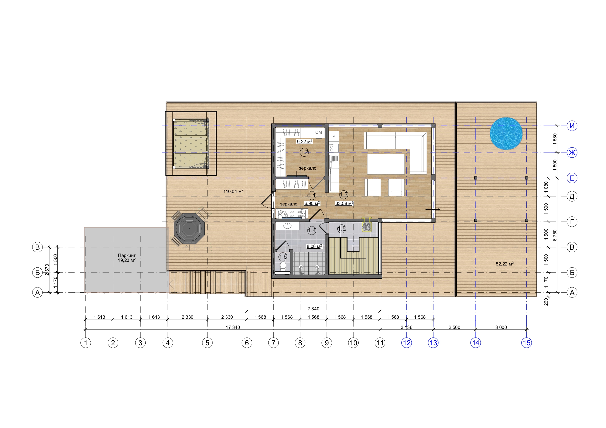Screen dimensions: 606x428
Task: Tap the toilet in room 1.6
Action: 283,265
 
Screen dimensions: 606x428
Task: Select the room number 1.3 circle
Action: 344,195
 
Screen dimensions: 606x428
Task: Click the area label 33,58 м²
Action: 344,203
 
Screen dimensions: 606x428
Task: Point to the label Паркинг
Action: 127,255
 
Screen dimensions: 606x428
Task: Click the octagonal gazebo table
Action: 189,229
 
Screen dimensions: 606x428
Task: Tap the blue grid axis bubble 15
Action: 526,343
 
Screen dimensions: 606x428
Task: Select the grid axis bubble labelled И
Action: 572,126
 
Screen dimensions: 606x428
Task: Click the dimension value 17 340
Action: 233,327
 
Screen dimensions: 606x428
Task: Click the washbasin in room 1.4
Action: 287,226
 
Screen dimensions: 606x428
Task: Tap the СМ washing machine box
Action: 319,132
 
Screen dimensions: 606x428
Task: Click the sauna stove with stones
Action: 366,225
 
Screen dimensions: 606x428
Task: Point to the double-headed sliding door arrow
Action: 433,209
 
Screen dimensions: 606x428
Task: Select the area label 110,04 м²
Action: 233,191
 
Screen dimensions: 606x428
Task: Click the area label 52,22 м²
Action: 505,264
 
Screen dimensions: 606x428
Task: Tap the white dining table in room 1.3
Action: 386,164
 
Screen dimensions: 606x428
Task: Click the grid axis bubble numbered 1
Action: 85,343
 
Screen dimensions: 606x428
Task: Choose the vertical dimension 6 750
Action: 555,235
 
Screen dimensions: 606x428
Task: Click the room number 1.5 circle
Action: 341,229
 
